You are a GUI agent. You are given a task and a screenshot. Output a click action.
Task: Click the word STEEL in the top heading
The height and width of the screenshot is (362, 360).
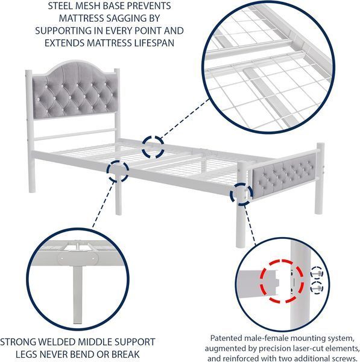[59, 6]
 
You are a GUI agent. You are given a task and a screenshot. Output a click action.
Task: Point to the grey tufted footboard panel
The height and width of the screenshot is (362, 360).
[284, 177]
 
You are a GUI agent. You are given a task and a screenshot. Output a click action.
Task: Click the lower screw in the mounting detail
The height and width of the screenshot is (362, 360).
[317, 288]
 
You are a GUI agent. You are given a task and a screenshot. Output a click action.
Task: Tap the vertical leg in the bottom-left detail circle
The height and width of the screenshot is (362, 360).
[78, 295]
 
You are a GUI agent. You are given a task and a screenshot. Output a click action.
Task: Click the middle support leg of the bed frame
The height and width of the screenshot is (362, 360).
[118, 194]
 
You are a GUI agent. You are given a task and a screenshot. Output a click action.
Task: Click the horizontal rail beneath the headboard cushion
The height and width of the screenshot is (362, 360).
[74, 135]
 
